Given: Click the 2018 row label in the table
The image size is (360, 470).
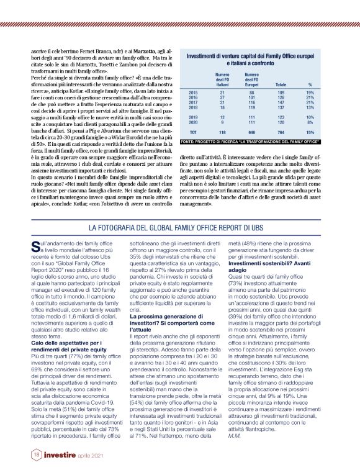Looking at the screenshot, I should [x=193, y=107].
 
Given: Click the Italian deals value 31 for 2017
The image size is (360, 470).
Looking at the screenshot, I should [x=222, y=102].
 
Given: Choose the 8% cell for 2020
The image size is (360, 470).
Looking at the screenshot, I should [x=310, y=122].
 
